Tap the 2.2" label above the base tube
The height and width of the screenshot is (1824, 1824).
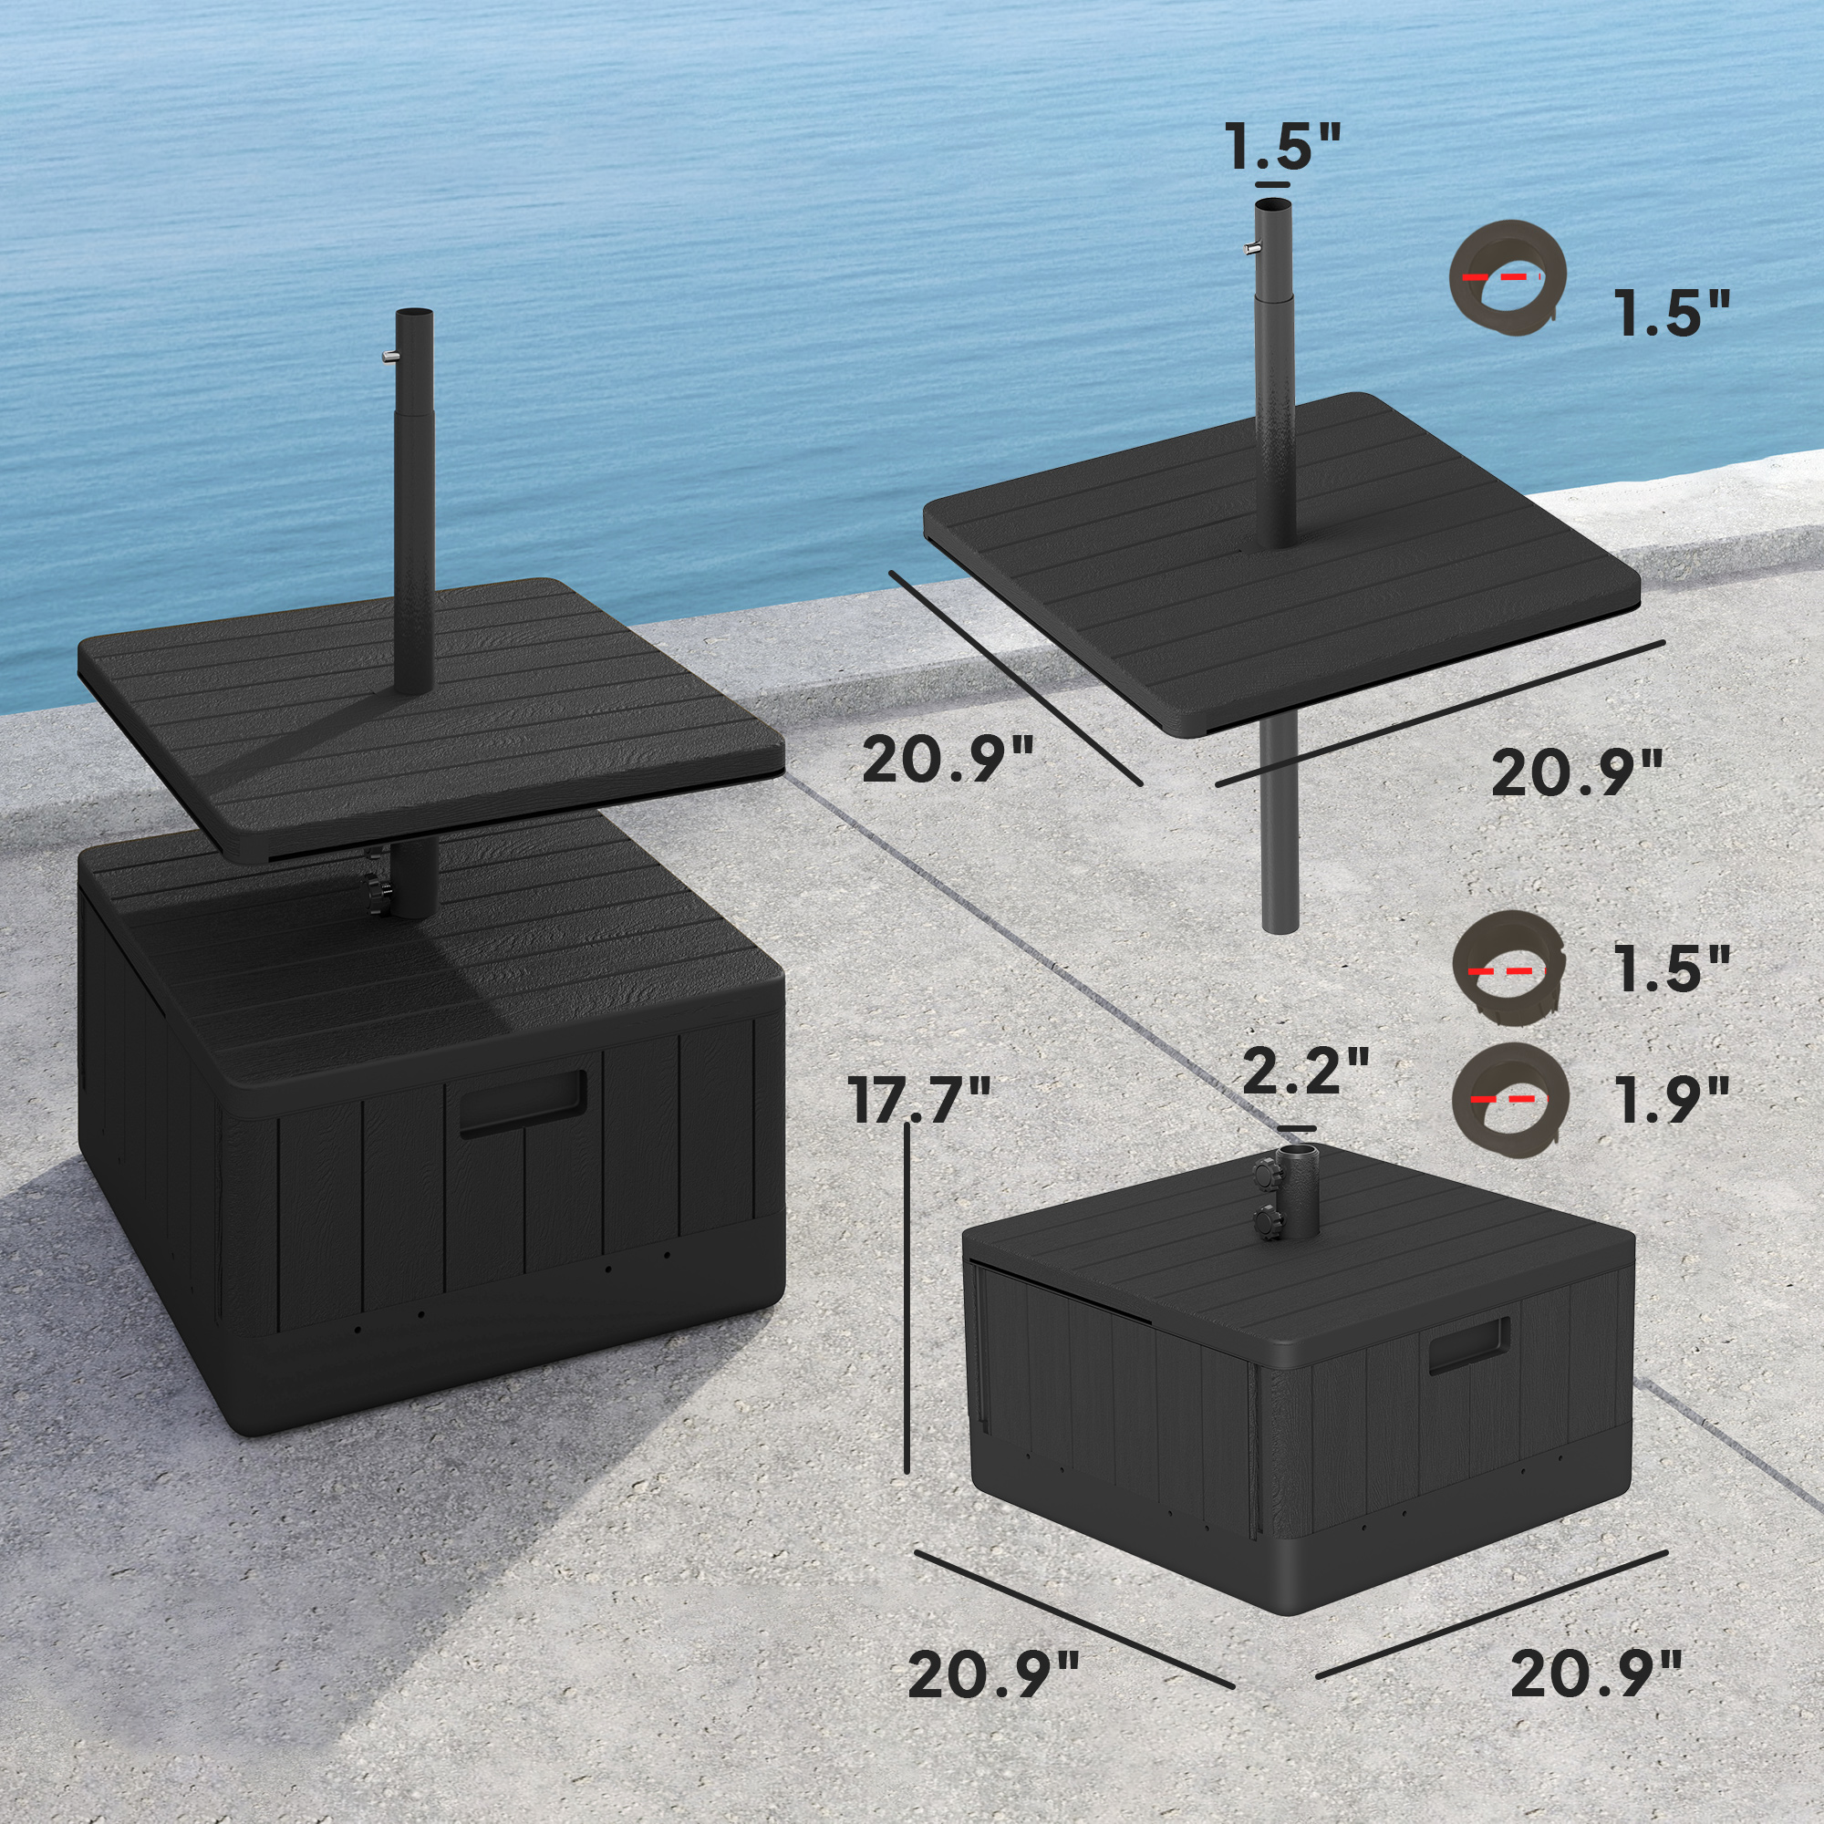[x=1306, y=1071]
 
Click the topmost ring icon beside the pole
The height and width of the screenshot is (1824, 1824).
[x=1507, y=276]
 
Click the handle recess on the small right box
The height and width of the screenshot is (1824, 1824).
[x=1468, y=1344]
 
